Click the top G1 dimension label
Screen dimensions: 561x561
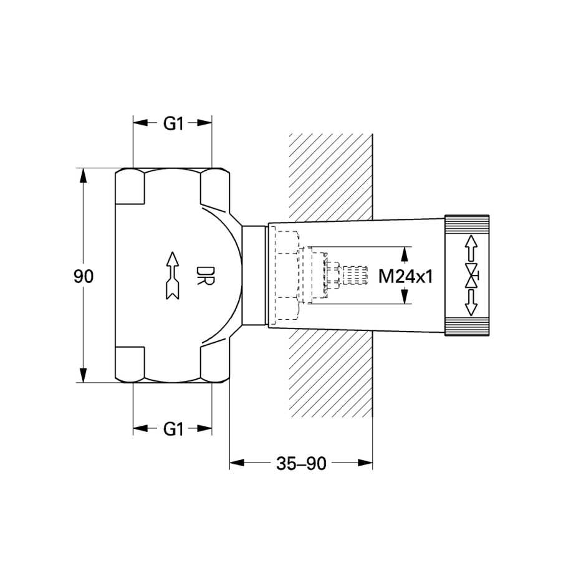click(173, 123)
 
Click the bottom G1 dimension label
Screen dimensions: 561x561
click(173, 429)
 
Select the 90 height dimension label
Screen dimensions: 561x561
click(84, 276)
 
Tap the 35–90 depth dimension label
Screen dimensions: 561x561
click(301, 464)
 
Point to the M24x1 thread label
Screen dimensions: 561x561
click(406, 276)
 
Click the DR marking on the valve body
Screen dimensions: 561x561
click(205, 276)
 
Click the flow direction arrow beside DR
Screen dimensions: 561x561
click(173, 276)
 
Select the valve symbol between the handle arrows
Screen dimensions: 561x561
click(472, 276)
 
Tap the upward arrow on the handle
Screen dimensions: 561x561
click(471, 248)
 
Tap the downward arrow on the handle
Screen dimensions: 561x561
click(471, 303)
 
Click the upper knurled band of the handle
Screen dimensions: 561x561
click(467, 224)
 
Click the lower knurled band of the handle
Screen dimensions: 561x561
click(467, 326)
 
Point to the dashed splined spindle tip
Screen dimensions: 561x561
click(355, 276)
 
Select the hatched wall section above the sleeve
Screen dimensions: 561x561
click(331, 177)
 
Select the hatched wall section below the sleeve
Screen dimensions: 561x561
click(331, 373)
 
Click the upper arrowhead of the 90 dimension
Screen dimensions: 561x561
click(84, 175)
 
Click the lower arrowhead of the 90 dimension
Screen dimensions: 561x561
click(84, 375)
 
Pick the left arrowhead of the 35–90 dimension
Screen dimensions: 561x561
click(237, 463)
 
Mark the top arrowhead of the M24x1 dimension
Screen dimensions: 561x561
click(405, 254)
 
